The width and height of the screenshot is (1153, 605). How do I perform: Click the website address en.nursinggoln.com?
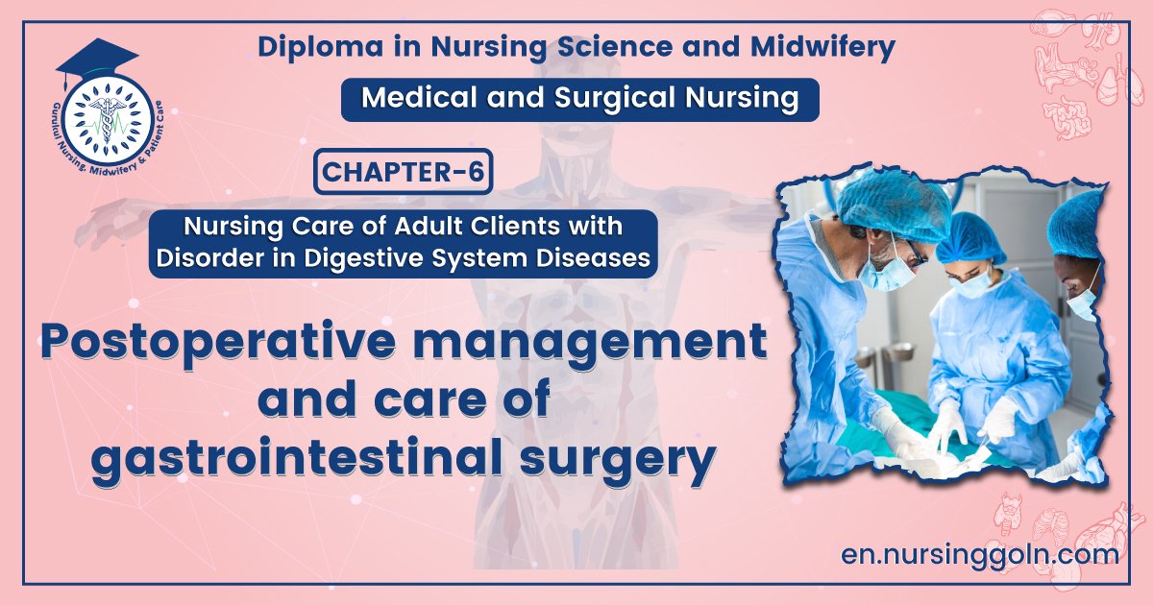click(x=979, y=554)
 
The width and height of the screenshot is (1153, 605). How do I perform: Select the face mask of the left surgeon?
click(x=885, y=273)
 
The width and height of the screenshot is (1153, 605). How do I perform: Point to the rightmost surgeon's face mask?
click(x=1085, y=302)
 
